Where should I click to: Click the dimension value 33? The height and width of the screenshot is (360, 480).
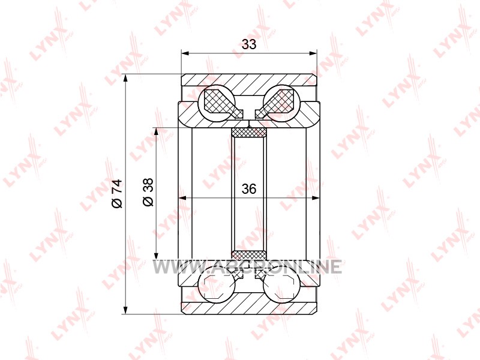(x=248, y=44)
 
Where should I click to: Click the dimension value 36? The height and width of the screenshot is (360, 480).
(x=248, y=189)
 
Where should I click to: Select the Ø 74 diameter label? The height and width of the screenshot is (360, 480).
(x=117, y=194)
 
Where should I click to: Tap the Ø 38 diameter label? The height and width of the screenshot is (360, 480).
(x=148, y=192)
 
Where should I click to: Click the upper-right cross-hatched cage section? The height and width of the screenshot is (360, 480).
(x=277, y=103)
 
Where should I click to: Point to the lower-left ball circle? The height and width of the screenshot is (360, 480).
(x=217, y=286)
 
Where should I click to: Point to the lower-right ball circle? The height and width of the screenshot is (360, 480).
(x=281, y=286)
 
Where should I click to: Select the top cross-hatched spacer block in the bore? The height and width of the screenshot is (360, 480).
(x=249, y=133)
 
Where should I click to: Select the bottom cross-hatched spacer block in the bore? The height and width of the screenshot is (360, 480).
(x=249, y=255)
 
